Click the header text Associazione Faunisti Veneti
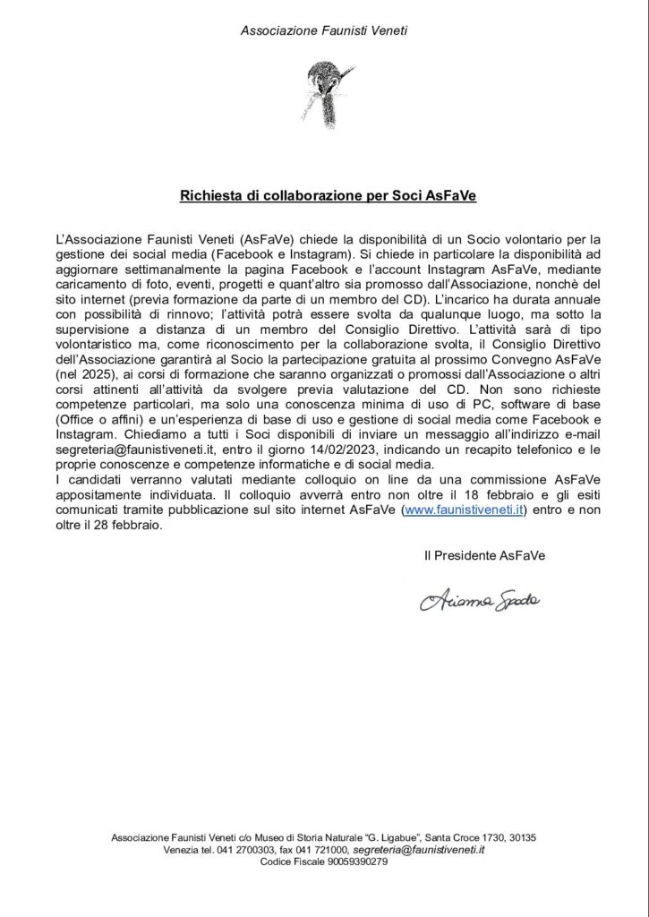324,30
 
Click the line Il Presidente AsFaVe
484,556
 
